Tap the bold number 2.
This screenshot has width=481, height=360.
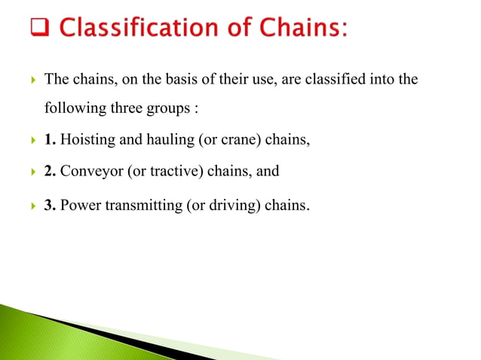click(50, 171)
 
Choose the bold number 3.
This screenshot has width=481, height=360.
click(50, 203)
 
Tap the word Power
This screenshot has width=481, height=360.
click(80, 203)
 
